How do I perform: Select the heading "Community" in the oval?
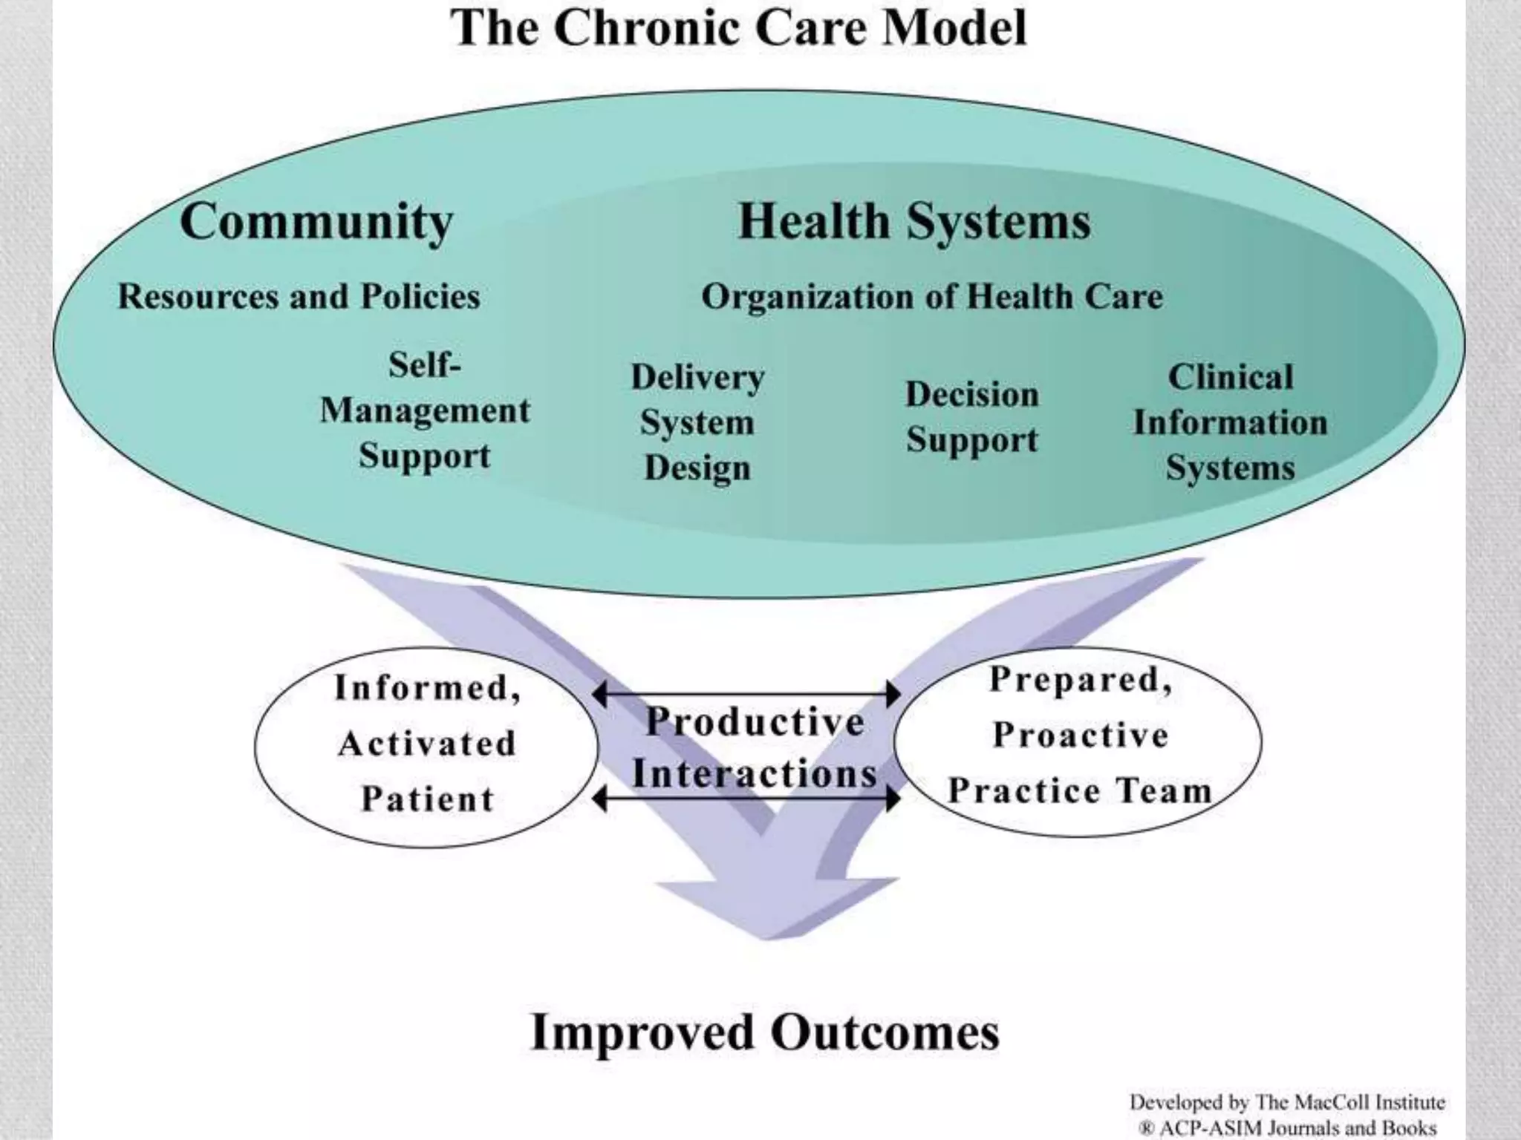pos(316,221)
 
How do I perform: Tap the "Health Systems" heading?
pos(914,221)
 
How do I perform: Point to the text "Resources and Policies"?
pos(299,296)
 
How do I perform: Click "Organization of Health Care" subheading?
pos(932,297)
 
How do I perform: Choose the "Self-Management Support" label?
pos(425,410)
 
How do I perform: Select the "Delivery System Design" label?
pos(697,422)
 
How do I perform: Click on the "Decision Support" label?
pos(971,416)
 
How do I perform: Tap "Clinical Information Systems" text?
pos(1230,422)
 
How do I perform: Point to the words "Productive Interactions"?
pos(754,747)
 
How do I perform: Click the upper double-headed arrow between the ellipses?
pos(746,695)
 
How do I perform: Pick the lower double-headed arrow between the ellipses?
pos(746,799)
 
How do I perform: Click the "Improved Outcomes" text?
pos(765,1032)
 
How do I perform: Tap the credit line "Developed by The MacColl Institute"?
pos(1287,1102)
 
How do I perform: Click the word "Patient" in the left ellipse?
pos(428,799)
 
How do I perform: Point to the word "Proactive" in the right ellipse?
pos(1081,736)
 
